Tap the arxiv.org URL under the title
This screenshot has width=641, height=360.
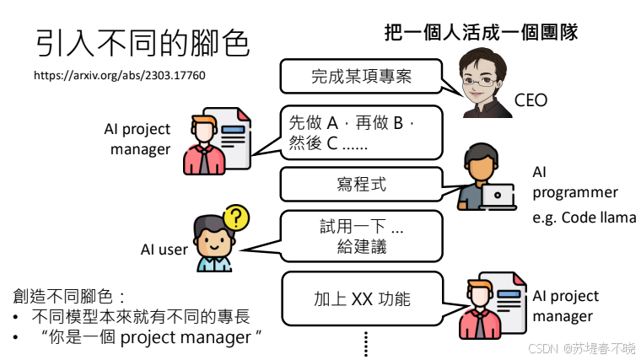[x=119, y=75]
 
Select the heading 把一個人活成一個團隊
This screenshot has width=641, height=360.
[x=481, y=33]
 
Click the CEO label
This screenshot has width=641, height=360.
[x=531, y=101]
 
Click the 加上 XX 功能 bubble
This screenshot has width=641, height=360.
[x=363, y=298]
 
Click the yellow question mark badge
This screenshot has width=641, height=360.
[x=238, y=218]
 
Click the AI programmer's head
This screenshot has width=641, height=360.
[x=477, y=164]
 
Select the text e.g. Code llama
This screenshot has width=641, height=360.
[x=584, y=217]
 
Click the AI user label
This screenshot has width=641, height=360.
[x=164, y=250]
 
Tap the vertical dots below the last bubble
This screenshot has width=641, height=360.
[x=366, y=343]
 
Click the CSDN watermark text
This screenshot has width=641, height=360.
[x=582, y=347]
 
